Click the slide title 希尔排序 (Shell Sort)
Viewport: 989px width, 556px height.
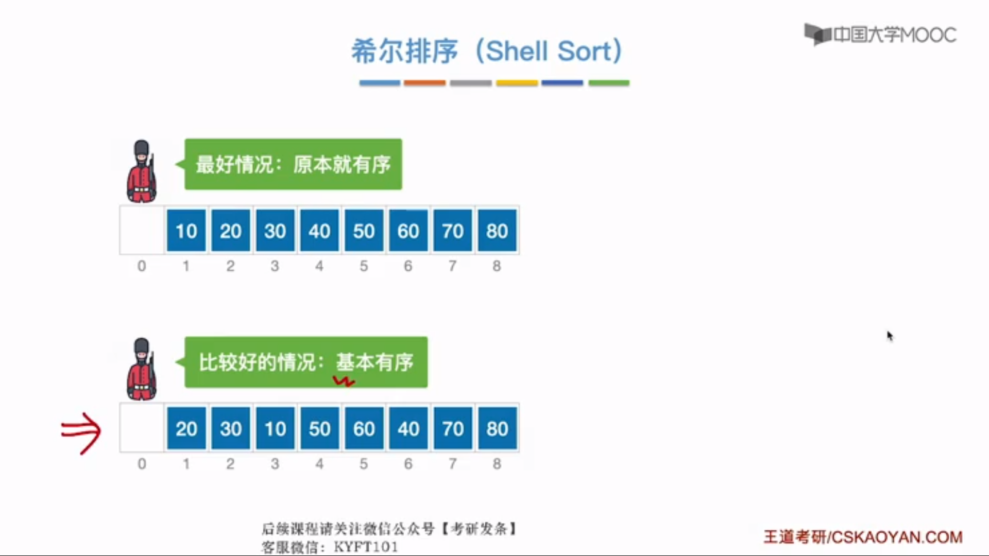point(487,51)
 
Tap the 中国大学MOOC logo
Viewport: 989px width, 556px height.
point(880,34)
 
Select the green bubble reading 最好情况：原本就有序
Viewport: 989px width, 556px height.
point(293,164)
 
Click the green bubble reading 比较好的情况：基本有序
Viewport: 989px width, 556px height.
point(305,362)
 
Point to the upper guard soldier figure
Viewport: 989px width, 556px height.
point(141,171)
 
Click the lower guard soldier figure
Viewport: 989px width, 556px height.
point(141,369)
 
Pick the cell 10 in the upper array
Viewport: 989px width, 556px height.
point(186,231)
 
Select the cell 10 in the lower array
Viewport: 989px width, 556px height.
point(275,428)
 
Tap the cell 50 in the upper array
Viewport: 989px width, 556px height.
point(364,231)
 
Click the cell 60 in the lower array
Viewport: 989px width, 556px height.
point(364,428)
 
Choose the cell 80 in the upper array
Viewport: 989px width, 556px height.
point(497,231)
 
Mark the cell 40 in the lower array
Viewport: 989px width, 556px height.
point(408,428)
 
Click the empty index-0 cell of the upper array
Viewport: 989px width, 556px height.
point(142,230)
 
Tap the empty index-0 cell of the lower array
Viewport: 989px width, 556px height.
point(142,428)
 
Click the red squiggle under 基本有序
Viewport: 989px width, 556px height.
point(344,381)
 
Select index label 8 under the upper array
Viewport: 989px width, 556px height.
point(497,266)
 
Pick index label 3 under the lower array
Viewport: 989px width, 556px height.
point(275,464)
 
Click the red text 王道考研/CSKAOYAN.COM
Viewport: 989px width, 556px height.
point(863,537)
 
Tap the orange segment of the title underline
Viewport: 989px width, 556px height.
point(424,82)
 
